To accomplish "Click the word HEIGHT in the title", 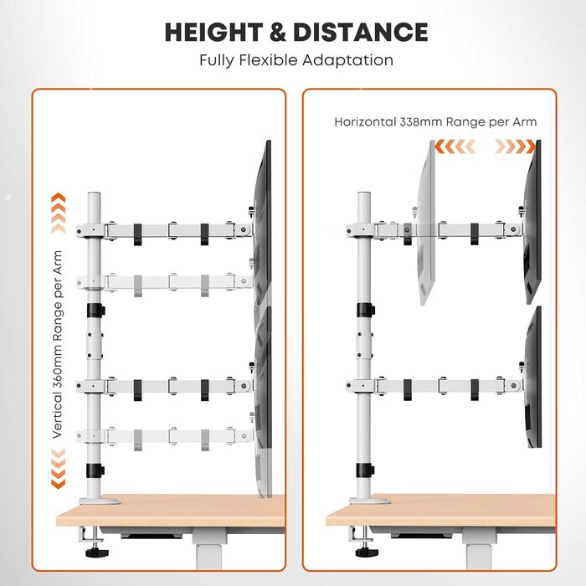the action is (x=213, y=32).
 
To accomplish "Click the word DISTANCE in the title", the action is (x=361, y=32).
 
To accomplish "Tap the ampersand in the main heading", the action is (x=278, y=32).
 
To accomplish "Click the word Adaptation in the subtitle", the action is (x=347, y=60).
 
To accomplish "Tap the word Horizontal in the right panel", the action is (x=365, y=122).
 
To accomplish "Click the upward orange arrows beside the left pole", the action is (x=58, y=213).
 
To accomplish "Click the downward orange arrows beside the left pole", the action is (x=58, y=469).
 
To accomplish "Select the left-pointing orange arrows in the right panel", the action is (x=455, y=146).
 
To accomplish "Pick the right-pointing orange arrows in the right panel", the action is (x=516, y=146).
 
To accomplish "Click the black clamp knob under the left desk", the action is (x=97, y=552).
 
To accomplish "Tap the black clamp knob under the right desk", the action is (x=367, y=552).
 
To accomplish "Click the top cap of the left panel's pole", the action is (x=94, y=194).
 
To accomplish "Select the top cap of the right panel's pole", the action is (x=364, y=194).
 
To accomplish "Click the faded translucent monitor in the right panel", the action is (x=426, y=224).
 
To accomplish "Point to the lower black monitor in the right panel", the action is (x=533, y=378).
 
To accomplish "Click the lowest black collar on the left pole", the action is (x=95, y=470).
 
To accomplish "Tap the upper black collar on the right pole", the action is (x=365, y=311).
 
